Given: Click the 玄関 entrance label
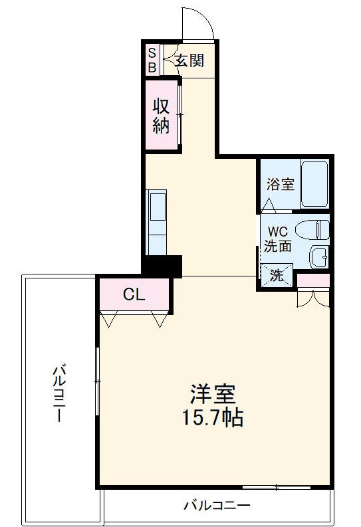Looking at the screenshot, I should (189, 60).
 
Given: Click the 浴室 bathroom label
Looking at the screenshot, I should (280, 184).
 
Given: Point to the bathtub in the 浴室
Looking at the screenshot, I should (314, 184).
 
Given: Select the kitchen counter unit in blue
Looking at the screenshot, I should (158, 223).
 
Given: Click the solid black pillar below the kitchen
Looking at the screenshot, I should (163, 266).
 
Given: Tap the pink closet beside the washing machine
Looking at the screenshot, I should (313, 280).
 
